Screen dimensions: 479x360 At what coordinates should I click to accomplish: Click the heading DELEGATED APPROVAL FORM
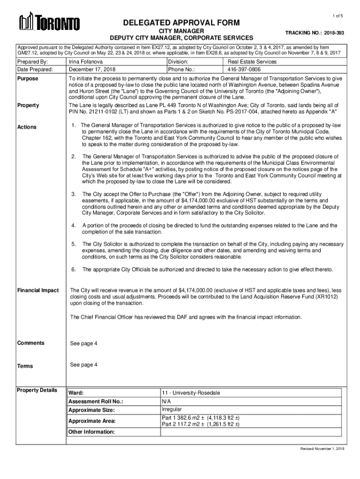[181, 22]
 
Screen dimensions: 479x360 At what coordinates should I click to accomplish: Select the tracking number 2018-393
[333, 34]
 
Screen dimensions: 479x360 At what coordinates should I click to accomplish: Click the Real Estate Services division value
[252, 61]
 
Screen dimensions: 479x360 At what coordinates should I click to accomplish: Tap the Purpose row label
[28, 79]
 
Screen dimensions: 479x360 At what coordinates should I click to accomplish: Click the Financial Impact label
[38, 290]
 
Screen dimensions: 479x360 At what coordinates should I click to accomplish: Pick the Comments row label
[30, 343]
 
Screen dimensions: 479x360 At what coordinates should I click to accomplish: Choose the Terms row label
[25, 366]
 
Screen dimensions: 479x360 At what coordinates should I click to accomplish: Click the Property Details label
[37, 390]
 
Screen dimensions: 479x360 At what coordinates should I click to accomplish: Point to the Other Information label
[92, 432]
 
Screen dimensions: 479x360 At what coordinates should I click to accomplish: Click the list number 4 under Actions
[73, 225]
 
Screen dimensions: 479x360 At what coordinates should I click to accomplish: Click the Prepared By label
[33, 61]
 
